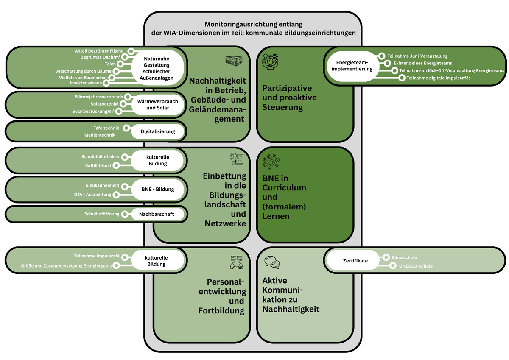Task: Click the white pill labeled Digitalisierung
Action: click(x=157, y=131)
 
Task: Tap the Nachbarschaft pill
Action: click(x=157, y=214)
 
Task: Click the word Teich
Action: click(x=110, y=64)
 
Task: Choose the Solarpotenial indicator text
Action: click(x=104, y=104)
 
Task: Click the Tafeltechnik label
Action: click(x=107, y=128)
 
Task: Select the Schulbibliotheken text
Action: click(x=101, y=157)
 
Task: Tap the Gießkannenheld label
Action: click(x=102, y=186)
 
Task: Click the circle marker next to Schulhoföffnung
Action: click(x=125, y=214)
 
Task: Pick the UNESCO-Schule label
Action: click(x=416, y=266)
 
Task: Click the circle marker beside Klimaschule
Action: click(x=386, y=257)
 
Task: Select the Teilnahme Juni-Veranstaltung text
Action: click(x=417, y=56)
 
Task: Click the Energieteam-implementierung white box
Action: click(x=352, y=66)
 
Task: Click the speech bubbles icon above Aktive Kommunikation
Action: click(x=271, y=262)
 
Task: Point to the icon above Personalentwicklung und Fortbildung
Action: click(x=236, y=263)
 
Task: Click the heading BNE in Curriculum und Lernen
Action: click(x=284, y=197)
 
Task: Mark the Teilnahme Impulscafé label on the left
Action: click(x=97, y=257)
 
